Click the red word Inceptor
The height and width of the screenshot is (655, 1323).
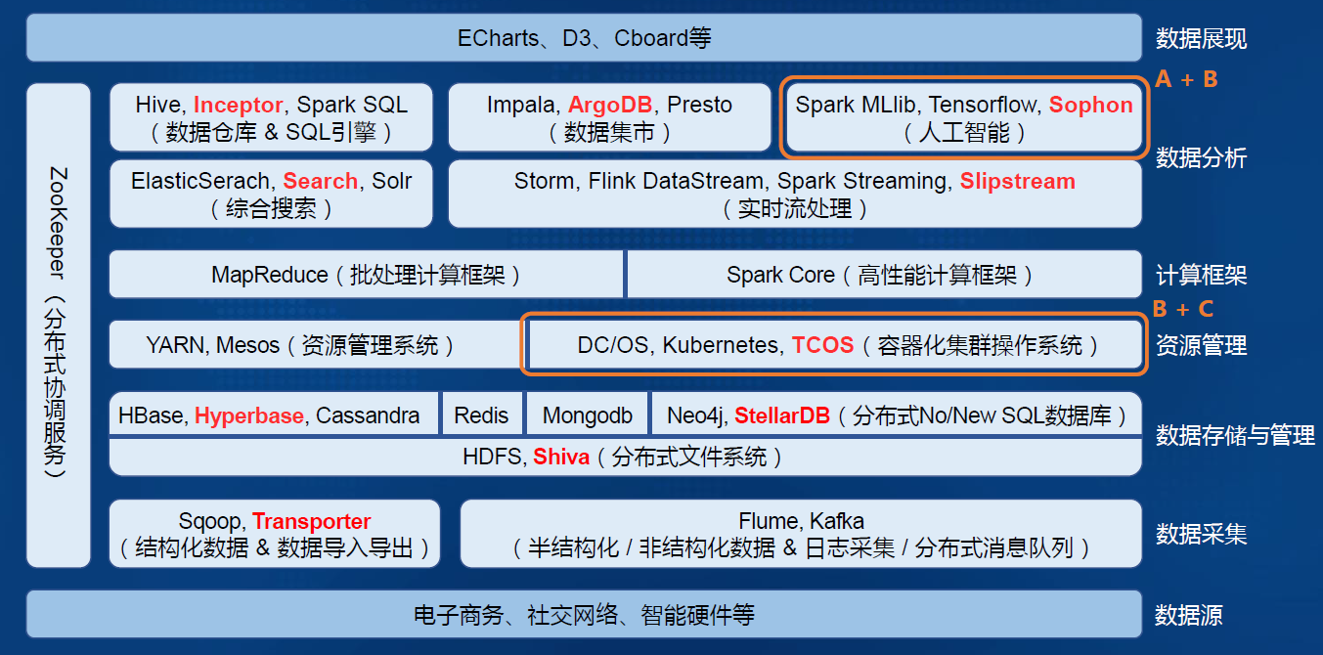point(239,106)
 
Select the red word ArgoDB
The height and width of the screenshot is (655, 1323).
point(610,106)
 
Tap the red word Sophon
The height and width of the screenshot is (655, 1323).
point(1091,106)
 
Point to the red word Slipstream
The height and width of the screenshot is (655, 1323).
point(1018,181)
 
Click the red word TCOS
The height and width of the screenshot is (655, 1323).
point(822,345)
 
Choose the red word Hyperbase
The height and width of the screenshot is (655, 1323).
point(249,415)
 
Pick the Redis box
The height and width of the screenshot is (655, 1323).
point(481,415)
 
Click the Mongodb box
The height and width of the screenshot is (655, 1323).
point(588,415)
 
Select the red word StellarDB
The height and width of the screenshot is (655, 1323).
point(782,415)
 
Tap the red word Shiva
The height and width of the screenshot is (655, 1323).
point(561,457)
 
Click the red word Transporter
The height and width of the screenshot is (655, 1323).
point(311,521)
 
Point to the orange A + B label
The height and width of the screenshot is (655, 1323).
point(1186,79)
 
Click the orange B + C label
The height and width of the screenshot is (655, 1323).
point(1183,309)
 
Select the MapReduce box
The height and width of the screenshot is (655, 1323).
point(366,275)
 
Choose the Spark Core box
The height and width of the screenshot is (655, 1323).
point(884,275)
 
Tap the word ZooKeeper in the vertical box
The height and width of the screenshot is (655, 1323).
point(58,223)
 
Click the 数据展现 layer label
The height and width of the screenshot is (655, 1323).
point(1201,39)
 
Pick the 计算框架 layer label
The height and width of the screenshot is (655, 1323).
point(1201,276)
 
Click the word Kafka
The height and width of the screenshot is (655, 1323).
point(837,521)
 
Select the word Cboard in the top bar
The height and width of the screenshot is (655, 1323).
point(651,38)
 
